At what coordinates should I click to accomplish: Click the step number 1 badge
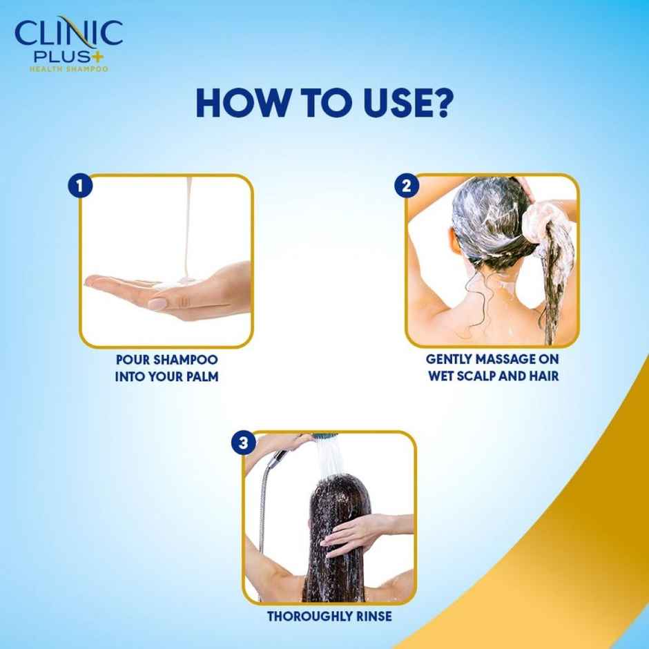tap(81, 186)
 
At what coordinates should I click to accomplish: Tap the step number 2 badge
tap(407, 186)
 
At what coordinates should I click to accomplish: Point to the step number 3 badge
tap(243, 443)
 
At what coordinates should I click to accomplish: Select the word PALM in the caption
tap(204, 378)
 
